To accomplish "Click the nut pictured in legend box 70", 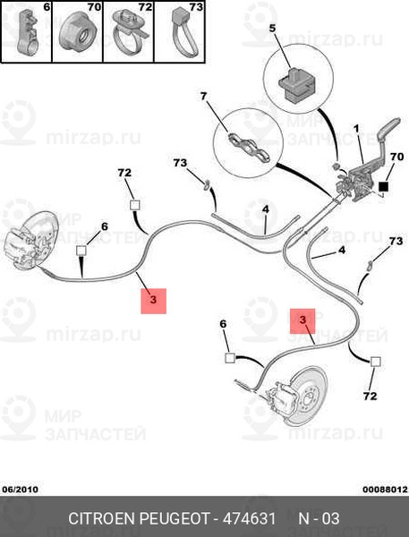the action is tap(77, 33).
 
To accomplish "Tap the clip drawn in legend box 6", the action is tap(27, 33).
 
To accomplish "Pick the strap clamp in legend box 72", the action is tap(130, 31).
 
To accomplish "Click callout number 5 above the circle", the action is tap(272, 28).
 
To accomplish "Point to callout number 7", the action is tap(204, 97).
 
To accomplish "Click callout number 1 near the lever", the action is tap(356, 129).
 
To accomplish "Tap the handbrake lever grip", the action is tap(388, 128).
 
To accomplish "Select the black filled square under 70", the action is tap(383, 187).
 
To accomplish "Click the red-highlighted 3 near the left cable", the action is tap(153, 301).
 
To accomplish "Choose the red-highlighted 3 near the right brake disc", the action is tap(302, 321).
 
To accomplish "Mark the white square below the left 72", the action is tap(134, 205).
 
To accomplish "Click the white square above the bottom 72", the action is tap(375, 362).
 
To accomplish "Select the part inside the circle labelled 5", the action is tap(296, 85).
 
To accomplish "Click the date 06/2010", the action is tap(21, 489).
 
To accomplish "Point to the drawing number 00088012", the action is tap(386, 490).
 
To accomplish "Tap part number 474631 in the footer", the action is tap(249, 518).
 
